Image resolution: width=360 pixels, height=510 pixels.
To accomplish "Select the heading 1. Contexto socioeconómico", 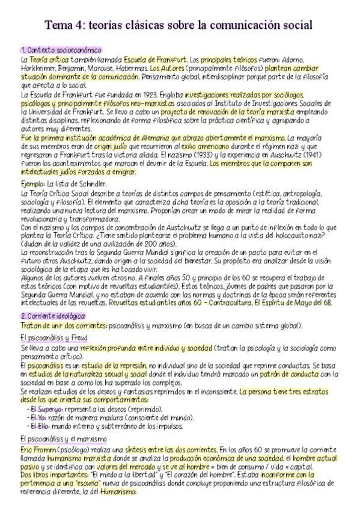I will click(61, 50).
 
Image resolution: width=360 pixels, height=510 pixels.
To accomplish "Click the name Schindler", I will click(92, 183).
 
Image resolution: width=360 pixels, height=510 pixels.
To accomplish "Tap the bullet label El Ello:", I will click(39, 426).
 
